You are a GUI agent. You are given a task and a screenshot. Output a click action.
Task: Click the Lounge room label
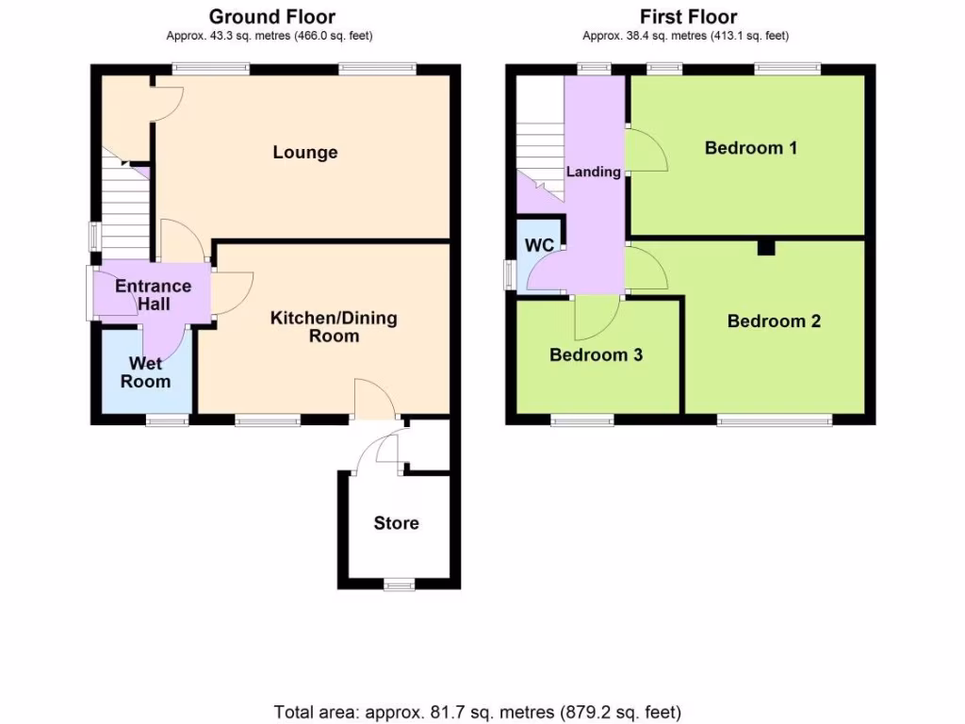click(304, 153)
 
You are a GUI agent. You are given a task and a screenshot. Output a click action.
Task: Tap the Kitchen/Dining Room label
click(334, 326)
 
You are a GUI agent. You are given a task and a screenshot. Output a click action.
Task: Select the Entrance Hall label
click(153, 295)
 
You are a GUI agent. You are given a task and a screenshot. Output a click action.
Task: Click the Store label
click(396, 523)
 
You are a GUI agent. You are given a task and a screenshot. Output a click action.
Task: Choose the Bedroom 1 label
click(751, 148)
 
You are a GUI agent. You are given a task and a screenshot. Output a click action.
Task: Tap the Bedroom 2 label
click(774, 321)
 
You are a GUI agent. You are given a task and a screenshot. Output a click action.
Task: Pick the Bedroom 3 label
click(596, 355)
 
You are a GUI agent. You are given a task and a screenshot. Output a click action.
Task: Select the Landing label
click(593, 172)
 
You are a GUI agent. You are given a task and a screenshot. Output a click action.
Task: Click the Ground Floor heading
click(271, 16)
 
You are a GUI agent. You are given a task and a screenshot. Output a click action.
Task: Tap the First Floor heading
click(688, 16)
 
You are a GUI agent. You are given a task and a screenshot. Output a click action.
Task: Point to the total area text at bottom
click(477, 711)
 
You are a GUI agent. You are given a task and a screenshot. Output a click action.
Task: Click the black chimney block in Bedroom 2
click(766, 247)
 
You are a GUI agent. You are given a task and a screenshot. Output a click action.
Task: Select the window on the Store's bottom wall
click(399, 584)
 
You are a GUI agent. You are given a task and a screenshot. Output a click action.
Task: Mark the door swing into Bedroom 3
click(596, 319)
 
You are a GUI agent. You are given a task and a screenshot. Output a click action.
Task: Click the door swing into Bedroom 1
click(647, 151)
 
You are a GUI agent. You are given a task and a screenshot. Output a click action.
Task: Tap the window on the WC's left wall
click(510, 274)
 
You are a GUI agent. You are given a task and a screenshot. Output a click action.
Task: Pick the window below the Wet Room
click(167, 420)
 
